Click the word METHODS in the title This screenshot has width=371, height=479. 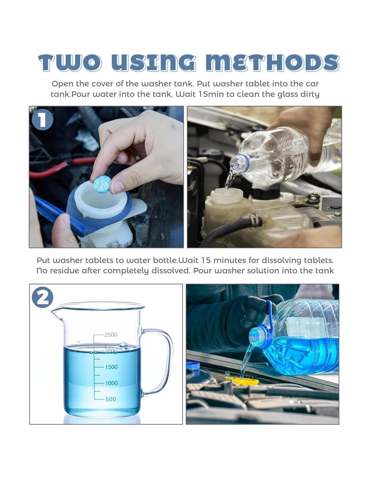[272, 63]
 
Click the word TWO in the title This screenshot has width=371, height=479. [70, 63]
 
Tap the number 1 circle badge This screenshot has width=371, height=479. [42, 120]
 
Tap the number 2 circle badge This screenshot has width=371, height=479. [42, 297]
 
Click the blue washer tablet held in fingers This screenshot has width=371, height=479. [102, 184]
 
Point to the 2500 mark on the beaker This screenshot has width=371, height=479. [111, 334]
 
